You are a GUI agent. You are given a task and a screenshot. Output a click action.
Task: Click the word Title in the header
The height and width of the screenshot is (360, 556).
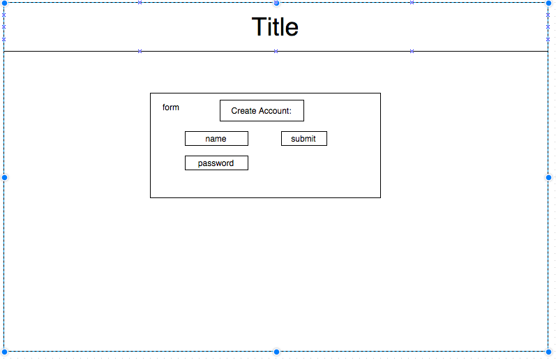pos(275,27)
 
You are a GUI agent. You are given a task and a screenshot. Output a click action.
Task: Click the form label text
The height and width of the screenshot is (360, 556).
pos(171,107)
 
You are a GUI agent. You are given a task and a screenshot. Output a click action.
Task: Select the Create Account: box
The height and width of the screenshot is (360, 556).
pos(262,111)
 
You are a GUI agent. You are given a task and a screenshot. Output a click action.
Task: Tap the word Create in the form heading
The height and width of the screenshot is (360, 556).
pos(244,111)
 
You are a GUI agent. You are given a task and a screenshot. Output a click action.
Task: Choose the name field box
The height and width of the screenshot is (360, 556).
pos(216,139)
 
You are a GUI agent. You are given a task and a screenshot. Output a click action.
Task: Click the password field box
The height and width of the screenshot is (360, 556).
pos(216,163)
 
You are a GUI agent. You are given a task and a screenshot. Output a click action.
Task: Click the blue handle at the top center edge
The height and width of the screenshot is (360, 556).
pos(276,3)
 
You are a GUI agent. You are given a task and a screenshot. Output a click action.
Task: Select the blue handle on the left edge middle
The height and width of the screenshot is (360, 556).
pos(4,177)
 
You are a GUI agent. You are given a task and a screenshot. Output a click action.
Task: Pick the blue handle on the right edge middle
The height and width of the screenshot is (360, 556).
pos(548,177)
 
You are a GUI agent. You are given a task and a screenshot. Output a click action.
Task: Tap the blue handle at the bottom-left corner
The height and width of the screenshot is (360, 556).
pos(4,351)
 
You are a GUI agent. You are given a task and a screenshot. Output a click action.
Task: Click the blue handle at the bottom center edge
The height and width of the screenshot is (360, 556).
pos(276,351)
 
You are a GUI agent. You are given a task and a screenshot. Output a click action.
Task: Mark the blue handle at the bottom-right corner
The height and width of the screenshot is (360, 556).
pos(548,351)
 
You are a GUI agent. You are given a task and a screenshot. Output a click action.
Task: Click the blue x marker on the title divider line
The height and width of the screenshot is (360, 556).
pos(276,51)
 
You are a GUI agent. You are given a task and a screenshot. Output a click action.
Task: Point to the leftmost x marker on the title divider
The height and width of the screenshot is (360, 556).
pos(140,51)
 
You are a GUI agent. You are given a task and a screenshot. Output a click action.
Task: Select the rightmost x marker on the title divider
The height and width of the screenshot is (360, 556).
pos(412,51)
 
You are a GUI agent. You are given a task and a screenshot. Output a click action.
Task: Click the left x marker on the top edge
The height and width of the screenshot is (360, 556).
pos(140,3)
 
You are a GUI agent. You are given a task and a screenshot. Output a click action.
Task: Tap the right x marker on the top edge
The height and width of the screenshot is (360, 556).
pos(412,3)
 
